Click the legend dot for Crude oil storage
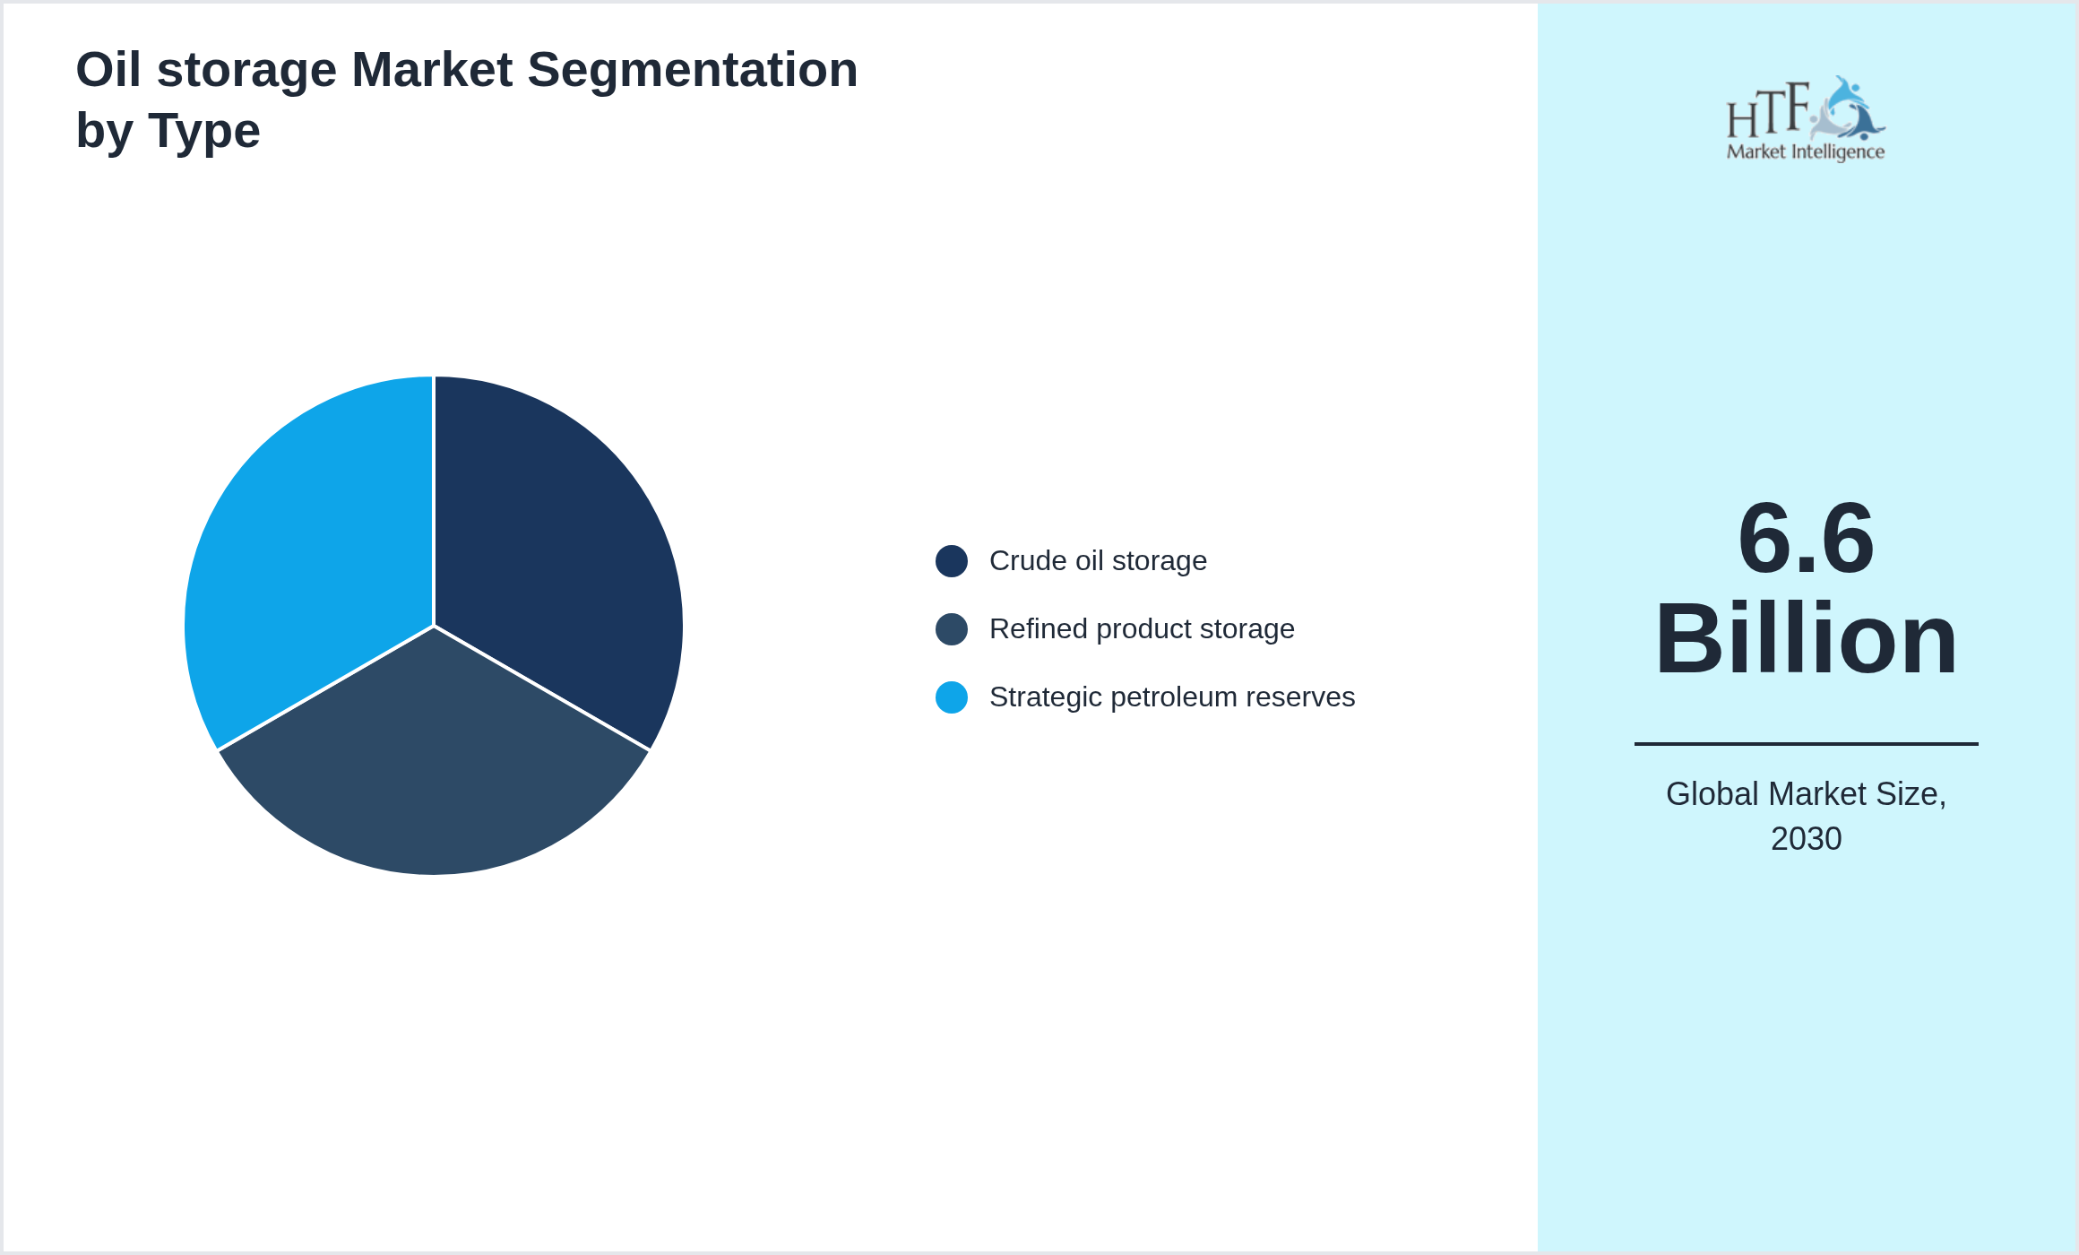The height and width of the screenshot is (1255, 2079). (x=951, y=561)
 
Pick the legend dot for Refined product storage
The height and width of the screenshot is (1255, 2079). (x=951, y=629)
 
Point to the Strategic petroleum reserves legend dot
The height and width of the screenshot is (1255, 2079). (x=951, y=697)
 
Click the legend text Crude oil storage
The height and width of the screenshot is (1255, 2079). (x=1098, y=561)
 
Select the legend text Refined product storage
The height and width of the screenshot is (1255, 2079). (x=1142, y=629)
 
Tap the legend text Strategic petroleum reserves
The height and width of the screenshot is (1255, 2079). (x=1172, y=697)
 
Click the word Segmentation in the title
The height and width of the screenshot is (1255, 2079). (x=692, y=70)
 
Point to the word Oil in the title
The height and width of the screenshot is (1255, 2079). (x=108, y=70)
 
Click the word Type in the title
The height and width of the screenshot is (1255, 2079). (x=204, y=131)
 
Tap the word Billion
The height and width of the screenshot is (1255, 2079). (x=1806, y=639)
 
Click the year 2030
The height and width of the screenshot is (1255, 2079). (x=1806, y=839)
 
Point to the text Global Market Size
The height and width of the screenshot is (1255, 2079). (x=1805, y=794)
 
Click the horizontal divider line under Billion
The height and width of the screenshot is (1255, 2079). (x=1806, y=743)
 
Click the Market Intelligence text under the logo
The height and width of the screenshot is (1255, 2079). (x=1805, y=152)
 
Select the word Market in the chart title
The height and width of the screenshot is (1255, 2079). (x=432, y=70)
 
